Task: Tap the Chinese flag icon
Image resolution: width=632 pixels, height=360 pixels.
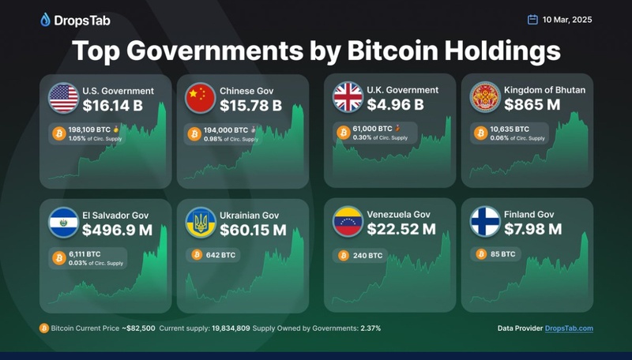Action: (200, 98)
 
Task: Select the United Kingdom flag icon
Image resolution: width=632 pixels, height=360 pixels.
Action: (348, 98)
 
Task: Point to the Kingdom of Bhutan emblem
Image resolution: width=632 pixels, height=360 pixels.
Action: (485, 98)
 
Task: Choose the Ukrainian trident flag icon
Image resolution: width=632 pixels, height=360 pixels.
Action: (200, 223)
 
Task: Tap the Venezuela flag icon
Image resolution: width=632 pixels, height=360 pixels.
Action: (348, 223)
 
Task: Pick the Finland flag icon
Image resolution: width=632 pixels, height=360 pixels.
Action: (485, 223)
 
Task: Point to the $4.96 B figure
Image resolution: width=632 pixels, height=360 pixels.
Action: (397, 105)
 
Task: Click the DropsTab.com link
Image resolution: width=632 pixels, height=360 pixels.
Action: (569, 328)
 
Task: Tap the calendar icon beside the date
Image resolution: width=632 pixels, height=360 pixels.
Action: (532, 20)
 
